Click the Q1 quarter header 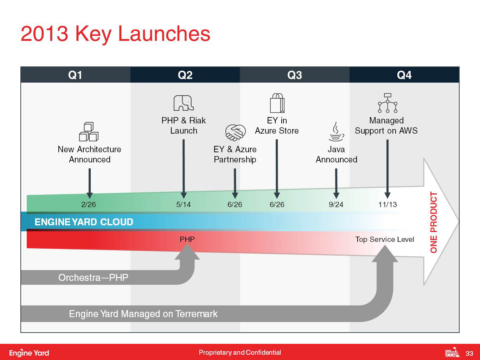(x=75, y=75)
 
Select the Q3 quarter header (x=295, y=75)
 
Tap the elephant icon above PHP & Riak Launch (x=184, y=103)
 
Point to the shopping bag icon (x=277, y=103)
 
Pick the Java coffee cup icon (x=336, y=132)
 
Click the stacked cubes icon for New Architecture (x=89, y=132)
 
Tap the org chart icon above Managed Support (x=388, y=103)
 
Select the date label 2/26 (x=89, y=204)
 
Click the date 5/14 (x=184, y=204)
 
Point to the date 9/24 (x=336, y=204)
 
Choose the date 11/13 (x=388, y=204)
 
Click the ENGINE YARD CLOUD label (x=84, y=222)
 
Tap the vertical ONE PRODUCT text (x=434, y=222)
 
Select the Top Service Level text (x=385, y=239)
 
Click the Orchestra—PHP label (x=93, y=278)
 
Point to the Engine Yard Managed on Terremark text (x=143, y=314)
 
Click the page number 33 (x=469, y=353)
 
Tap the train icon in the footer (x=452, y=352)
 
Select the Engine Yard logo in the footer (x=29, y=353)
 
